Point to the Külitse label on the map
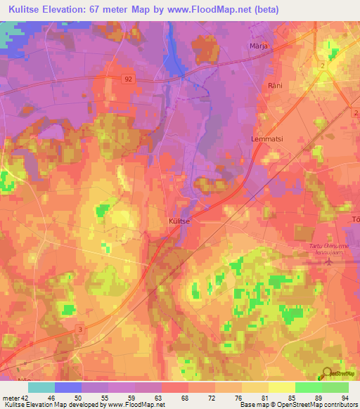click(x=180, y=220)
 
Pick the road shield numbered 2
click(x=323, y=65)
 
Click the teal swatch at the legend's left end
click(x=41, y=387)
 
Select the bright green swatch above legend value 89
click(x=308, y=387)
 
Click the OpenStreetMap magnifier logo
click(x=326, y=374)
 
